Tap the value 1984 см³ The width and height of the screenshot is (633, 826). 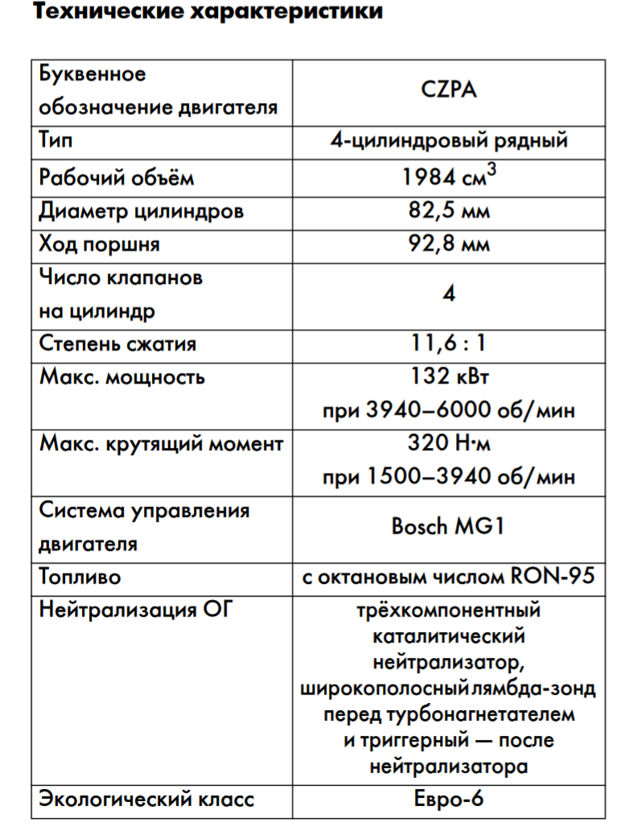tap(449, 177)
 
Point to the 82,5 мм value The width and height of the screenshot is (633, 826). tap(449, 212)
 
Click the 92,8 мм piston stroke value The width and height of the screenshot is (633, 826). tap(449, 245)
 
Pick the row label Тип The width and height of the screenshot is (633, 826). tap(55, 141)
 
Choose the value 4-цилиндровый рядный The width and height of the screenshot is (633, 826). tap(449, 141)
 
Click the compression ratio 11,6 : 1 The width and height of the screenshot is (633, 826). tap(449, 344)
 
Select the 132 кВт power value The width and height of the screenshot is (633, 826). tap(449, 377)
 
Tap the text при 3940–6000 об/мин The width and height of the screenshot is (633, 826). tap(449, 411)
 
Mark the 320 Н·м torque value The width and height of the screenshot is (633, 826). tap(449, 443)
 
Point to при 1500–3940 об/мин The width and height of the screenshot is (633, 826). tap(449, 477)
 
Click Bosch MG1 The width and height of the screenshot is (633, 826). tap(449, 527)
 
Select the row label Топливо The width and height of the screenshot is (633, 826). tap(80, 577)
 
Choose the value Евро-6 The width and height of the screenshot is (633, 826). tap(449, 799)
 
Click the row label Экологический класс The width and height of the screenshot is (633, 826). tap(147, 799)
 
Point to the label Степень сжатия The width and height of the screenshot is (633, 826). tap(118, 344)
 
